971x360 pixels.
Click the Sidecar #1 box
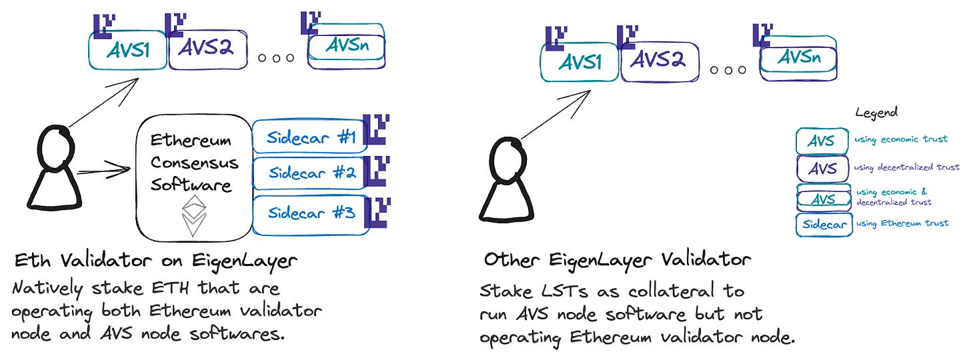pyautogui.click(x=308, y=138)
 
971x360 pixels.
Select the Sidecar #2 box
pyautogui.click(x=309, y=173)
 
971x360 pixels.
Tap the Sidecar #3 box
pyautogui.click(x=309, y=213)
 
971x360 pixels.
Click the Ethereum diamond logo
pyautogui.click(x=194, y=214)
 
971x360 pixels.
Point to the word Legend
pyautogui.click(x=876, y=112)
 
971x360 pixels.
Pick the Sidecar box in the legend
pyautogui.click(x=824, y=224)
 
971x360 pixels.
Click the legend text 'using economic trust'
pyautogui.click(x=901, y=139)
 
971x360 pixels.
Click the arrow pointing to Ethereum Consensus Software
pyautogui.click(x=103, y=171)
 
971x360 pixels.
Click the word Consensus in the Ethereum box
pyautogui.click(x=194, y=163)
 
